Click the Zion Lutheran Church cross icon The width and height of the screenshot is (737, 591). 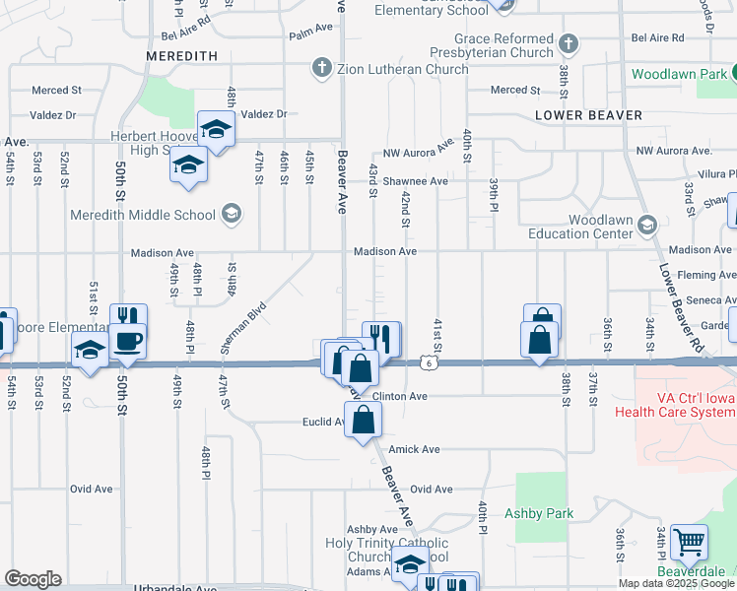click(x=320, y=69)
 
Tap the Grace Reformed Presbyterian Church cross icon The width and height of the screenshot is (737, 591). click(x=569, y=44)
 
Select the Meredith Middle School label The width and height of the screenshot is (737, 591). click(x=143, y=214)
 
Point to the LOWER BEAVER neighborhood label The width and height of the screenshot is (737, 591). click(x=588, y=115)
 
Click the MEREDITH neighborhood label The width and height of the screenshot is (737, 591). click(x=181, y=56)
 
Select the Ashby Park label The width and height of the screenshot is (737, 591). click(x=539, y=513)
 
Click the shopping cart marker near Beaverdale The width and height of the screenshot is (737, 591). click(x=689, y=543)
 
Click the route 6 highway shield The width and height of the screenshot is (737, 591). click(x=431, y=363)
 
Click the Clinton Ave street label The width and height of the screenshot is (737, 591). click(x=399, y=396)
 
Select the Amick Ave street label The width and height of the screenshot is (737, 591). click(x=414, y=449)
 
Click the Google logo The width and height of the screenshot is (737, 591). click(x=33, y=579)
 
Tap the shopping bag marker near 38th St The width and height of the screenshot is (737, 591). click(x=540, y=340)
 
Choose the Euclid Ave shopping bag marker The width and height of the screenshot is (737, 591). click(x=364, y=420)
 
